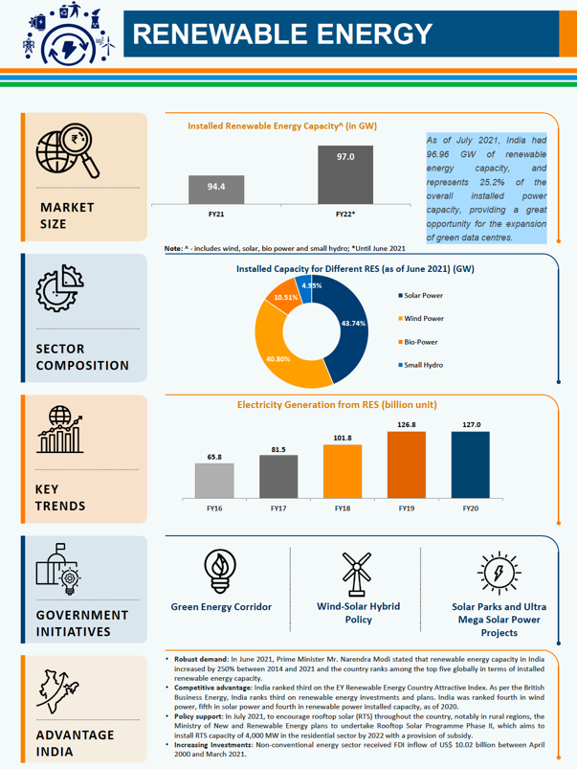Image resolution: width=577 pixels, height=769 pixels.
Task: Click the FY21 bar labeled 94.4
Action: point(216,189)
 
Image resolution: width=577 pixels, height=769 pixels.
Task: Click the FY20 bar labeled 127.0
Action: point(471,464)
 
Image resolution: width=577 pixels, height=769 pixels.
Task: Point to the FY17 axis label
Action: point(277,506)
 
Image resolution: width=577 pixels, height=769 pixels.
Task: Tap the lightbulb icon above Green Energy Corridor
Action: point(221,573)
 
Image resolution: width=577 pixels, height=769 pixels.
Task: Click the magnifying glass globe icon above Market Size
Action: point(68,152)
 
